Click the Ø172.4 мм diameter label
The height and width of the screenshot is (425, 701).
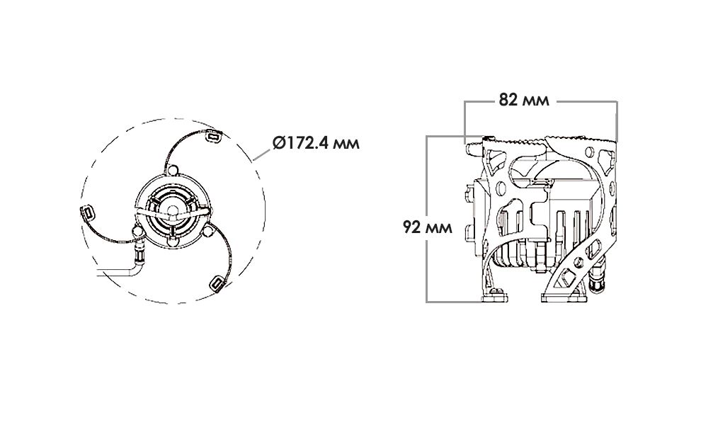click(316, 143)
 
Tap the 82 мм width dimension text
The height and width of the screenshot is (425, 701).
click(524, 100)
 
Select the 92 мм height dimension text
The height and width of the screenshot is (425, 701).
click(428, 227)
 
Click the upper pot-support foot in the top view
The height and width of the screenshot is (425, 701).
click(213, 135)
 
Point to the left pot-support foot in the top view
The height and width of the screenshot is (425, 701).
click(88, 212)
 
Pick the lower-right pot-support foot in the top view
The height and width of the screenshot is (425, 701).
click(217, 283)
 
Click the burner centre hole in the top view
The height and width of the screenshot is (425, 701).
click(172, 210)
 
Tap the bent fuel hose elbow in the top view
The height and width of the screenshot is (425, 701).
click(137, 267)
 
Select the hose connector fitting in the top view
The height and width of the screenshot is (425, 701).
click(139, 249)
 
